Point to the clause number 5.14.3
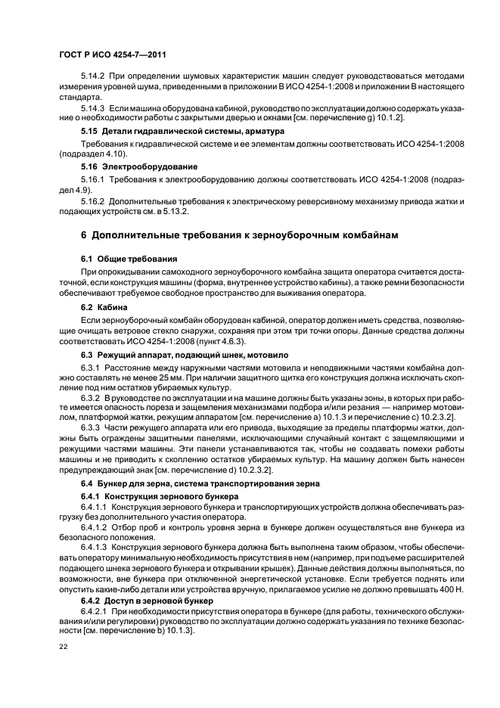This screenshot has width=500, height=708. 92,108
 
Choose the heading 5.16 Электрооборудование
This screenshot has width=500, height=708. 139,166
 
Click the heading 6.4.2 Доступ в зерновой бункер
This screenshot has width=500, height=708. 148,599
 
